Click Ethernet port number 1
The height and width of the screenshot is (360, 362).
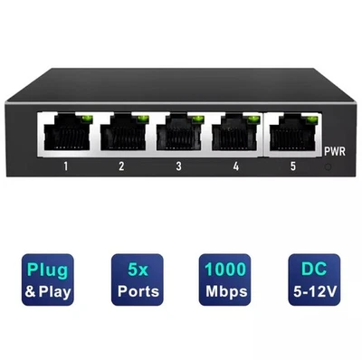click(x=67, y=135)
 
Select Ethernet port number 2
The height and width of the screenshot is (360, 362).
click(x=122, y=135)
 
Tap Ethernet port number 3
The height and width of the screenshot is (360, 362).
click(x=178, y=135)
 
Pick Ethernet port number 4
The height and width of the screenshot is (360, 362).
click(x=232, y=135)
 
